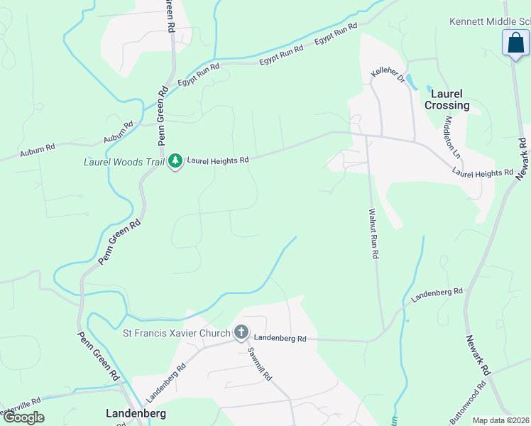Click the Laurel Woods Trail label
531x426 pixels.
[124, 162]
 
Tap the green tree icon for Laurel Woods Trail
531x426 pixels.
[175, 162]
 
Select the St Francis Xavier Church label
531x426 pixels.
[177, 333]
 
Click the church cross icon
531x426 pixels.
[241, 332]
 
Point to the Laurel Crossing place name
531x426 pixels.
[447, 99]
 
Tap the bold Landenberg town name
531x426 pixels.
[136, 413]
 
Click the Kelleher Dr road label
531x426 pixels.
[388, 76]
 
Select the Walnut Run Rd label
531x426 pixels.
[372, 234]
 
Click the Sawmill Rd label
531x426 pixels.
[259, 364]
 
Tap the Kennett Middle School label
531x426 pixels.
[490, 22]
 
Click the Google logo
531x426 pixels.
[23, 417]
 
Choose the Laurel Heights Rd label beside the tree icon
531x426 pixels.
[218, 160]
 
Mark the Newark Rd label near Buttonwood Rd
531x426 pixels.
[478, 356]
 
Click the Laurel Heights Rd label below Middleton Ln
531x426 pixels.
[483, 173]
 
